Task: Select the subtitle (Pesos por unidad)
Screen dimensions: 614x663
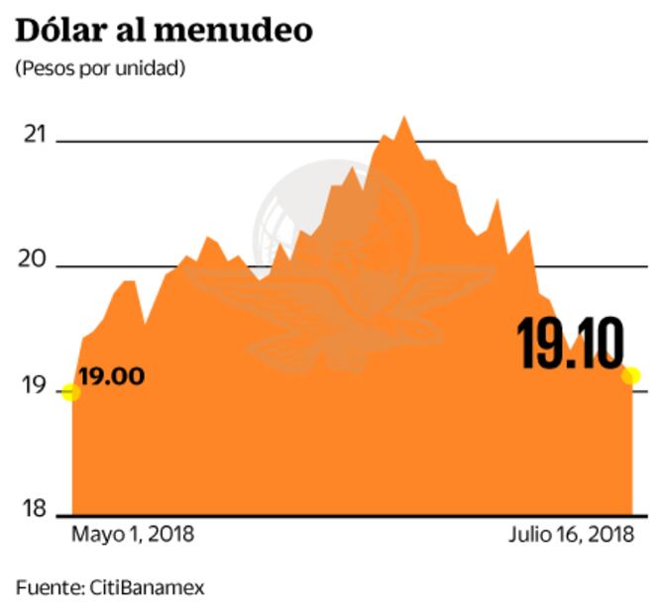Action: coord(100,69)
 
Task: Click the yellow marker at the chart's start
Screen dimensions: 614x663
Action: coord(70,392)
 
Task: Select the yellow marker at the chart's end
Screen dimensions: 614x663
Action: coord(630,375)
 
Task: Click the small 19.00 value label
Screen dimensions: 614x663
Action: coord(111,376)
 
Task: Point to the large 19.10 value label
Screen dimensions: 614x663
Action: coord(571,343)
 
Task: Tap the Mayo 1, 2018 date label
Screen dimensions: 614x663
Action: coord(133,535)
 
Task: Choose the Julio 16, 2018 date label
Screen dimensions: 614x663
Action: coord(571,535)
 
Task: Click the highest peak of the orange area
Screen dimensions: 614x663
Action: coord(402,118)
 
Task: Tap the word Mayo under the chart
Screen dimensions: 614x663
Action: coord(94,535)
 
